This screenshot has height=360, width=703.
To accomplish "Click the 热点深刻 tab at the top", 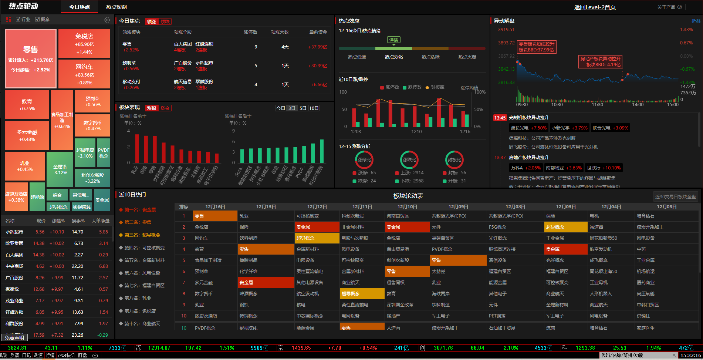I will tap(116, 7).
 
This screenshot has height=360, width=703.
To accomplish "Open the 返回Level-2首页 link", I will tap(595, 7).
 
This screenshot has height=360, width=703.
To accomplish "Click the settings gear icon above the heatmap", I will tap(107, 20).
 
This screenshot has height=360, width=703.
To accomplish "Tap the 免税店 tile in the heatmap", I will tap(84, 43).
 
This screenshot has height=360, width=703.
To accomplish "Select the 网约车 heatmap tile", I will tap(84, 74).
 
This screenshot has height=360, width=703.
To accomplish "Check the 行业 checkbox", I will tap(18, 19).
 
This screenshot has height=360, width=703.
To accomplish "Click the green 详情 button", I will tap(393, 40).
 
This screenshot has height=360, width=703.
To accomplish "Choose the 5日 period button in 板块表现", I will tap(303, 108).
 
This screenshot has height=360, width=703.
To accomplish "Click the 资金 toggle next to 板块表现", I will tap(165, 108).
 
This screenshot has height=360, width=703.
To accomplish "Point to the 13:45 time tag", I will tap(500, 118).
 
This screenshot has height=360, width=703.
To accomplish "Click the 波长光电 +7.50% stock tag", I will tap(528, 128).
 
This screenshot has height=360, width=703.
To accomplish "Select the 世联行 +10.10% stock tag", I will tap(604, 168).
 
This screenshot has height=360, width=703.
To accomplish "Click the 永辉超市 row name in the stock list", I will tap(14, 232).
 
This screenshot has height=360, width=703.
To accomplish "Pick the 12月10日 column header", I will tap(407, 206).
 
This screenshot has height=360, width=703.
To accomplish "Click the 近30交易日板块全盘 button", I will tap(675, 196).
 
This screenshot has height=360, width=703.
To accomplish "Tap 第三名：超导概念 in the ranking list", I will tap(142, 235).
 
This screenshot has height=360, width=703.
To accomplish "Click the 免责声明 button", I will tap(14, 337).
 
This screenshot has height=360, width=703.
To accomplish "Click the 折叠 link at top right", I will tap(696, 21).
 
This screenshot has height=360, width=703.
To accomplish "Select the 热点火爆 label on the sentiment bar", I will tap(467, 57).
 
